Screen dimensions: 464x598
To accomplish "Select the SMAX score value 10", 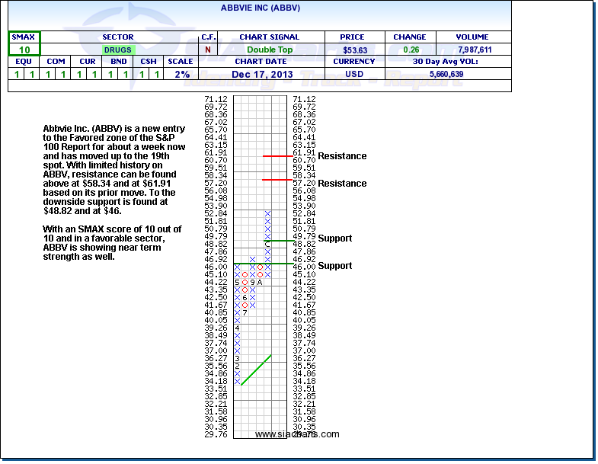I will (x=24, y=50).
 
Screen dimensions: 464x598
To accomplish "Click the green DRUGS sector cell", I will (x=118, y=50).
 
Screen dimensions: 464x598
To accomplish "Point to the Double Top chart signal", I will (x=269, y=50).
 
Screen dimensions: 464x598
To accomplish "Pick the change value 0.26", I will (x=410, y=50).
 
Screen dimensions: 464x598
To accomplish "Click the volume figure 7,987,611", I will (x=475, y=50).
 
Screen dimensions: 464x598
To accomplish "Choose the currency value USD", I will (x=354, y=74).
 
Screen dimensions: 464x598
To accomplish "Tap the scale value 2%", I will (x=181, y=74).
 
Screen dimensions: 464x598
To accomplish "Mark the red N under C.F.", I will (x=208, y=50).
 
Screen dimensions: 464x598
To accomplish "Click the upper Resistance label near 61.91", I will (x=342, y=156).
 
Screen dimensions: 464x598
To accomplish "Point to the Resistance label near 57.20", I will (x=342, y=184).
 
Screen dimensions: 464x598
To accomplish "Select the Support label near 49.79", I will (x=334, y=238).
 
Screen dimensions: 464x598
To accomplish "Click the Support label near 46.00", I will (x=334, y=266).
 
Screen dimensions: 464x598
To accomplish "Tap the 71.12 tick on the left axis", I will (x=216, y=100).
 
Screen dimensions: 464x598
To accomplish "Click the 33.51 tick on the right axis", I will (x=304, y=388).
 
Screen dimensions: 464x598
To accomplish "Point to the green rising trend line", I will (x=256, y=370).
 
